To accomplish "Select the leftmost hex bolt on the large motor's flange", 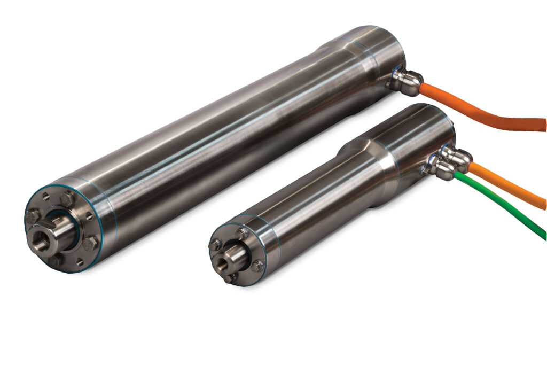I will (32, 216).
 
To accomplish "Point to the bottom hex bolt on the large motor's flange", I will (55, 260).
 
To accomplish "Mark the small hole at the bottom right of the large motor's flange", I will (80, 262).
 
